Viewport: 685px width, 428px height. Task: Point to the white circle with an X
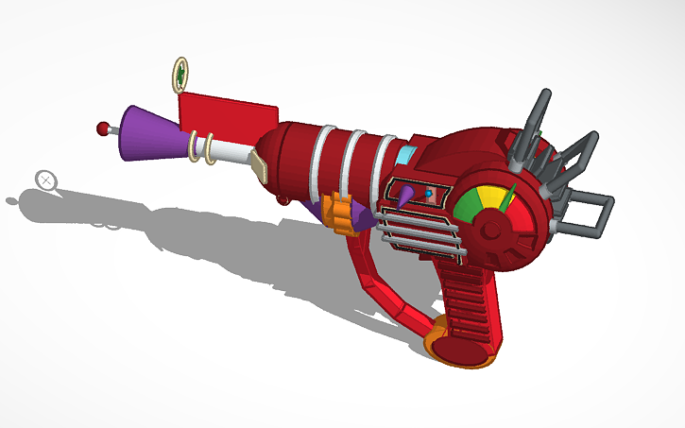coord(45,179)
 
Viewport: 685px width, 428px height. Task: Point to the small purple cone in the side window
coord(404,197)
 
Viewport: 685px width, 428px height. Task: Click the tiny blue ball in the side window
coord(429,193)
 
